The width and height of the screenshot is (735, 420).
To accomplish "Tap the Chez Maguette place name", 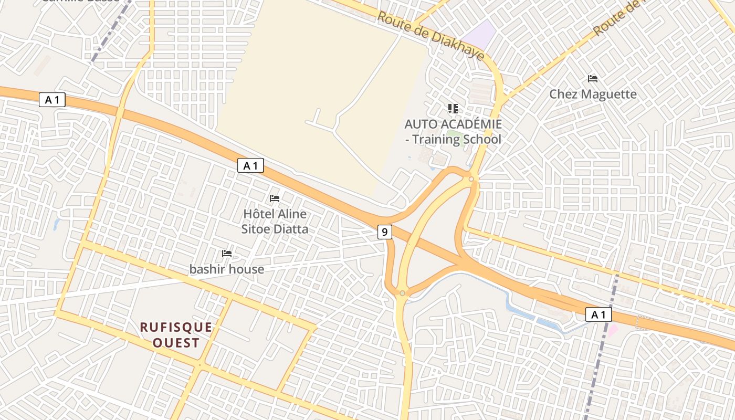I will [593, 94].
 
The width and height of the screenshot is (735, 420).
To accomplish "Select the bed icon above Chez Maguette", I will [593, 79].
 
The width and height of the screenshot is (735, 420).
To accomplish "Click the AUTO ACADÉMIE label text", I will [453, 124].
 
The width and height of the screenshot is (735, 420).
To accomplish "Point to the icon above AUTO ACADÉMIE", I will [453, 109].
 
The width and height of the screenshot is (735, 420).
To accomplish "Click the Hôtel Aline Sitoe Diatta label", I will [275, 222].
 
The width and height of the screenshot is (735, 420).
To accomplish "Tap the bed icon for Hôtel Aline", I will [275, 198].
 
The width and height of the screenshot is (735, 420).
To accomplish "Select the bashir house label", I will [227, 269].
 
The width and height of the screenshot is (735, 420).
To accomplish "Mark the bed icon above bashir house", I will [227, 254].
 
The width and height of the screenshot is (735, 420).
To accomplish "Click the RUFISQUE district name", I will [176, 328].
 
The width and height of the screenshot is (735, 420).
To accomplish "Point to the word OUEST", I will [176, 343].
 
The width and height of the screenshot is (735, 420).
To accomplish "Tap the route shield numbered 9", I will [385, 232].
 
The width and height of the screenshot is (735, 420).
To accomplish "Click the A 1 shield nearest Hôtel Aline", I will [250, 166].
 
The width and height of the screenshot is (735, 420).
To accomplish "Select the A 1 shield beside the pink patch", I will [598, 314].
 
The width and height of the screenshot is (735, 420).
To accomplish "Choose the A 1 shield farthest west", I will [52, 100].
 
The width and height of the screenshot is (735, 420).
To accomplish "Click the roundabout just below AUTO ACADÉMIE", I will [471, 179].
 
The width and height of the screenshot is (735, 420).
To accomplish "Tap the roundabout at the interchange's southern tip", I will [402, 293].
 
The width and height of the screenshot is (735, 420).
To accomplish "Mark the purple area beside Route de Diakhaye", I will [481, 33].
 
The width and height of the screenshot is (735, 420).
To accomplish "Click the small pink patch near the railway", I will [612, 331].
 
